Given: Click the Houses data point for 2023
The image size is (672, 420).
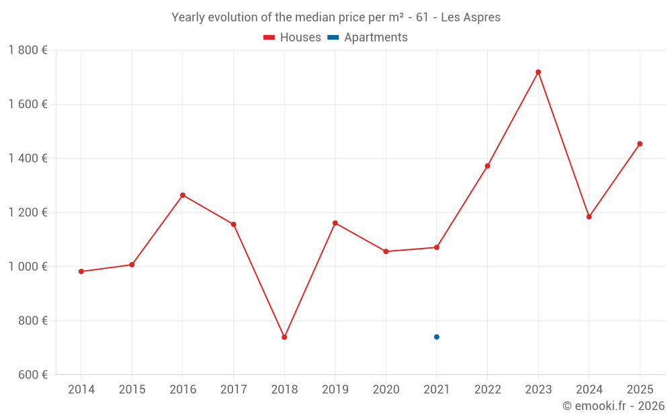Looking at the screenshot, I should (538, 72).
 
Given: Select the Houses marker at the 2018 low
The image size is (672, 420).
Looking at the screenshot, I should (284, 337).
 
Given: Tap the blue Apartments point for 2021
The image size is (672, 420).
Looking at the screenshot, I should (437, 337).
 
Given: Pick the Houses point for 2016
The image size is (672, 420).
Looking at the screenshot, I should (183, 196).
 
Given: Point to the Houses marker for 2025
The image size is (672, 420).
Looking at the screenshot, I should (640, 144).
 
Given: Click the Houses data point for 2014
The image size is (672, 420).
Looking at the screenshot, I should (81, 271).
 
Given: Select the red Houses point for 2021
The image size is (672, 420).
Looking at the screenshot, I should (437, 247).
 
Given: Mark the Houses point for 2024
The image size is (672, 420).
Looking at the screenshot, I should (589, 217).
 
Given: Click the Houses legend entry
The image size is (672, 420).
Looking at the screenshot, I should (292, 38).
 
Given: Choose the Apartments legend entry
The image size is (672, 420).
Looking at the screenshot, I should (368, 38).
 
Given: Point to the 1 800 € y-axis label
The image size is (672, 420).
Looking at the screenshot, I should (28, 50).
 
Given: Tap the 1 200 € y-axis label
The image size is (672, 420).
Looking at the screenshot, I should (28, 212).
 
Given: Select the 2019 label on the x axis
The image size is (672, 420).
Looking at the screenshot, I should (335, 390).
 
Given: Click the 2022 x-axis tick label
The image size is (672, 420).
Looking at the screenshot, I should (487, 390).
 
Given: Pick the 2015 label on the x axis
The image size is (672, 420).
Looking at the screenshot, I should (132, 390).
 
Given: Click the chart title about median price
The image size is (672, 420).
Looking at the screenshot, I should (336, 17).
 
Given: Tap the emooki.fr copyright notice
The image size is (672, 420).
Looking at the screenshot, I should (613, 406).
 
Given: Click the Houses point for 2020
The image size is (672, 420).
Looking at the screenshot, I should (386, 251).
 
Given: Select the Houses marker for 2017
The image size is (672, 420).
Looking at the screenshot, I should (233, 224).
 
